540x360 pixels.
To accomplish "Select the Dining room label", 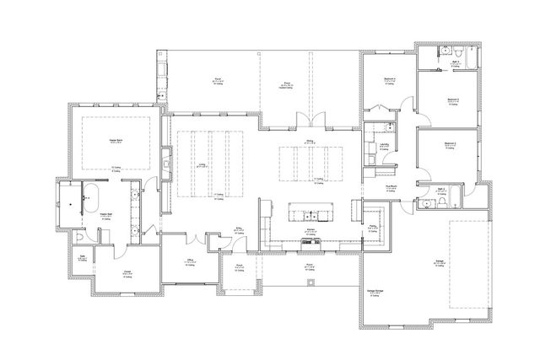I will pyautogui.click(x=310, y=142).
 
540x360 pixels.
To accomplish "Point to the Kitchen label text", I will pyautogui.click(x=310, y=228).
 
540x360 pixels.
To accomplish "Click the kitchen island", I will pyautogui.click(x=310, y=210).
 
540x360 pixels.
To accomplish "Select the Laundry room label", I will pyautogui.click(x=384, y=144).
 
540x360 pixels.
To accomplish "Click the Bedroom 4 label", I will pyautogui.click(x=390, y=79).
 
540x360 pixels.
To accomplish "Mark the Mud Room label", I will pyautogui.click(x=391, y=186).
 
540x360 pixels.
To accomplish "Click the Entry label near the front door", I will pyautogui.click(x=239, y=228).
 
